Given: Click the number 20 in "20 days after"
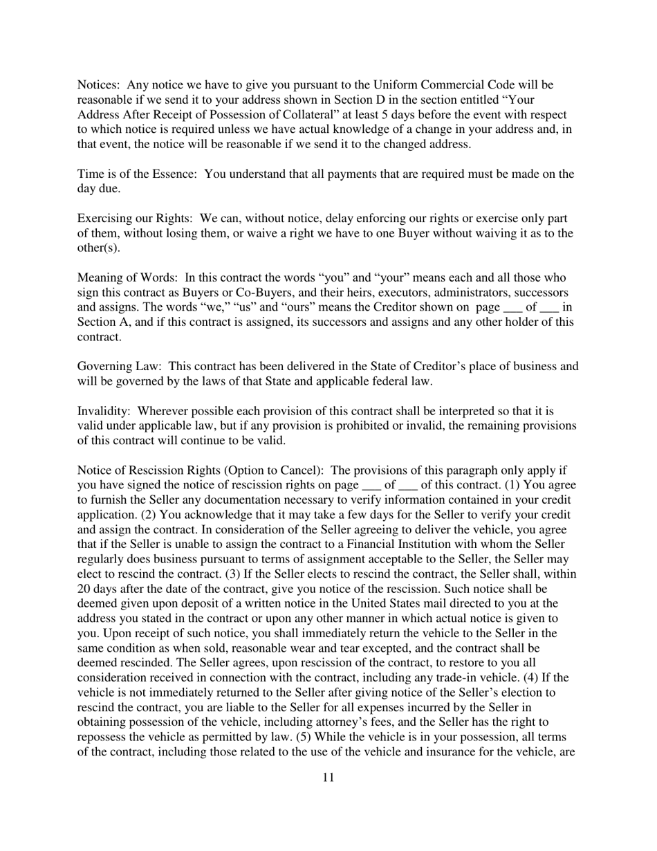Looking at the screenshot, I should click(84, 589).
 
